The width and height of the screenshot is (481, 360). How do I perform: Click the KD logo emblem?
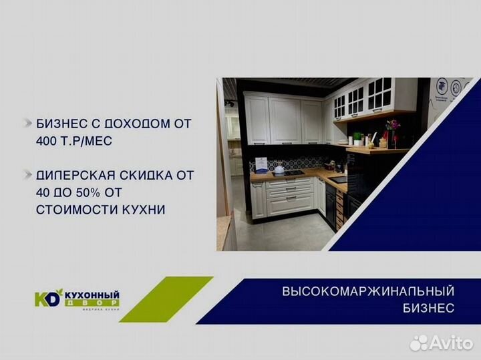(47, 298)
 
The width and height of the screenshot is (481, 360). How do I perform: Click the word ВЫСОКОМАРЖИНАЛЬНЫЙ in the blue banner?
(368, 292)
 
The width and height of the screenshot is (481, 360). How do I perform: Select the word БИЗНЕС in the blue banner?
(428, 308)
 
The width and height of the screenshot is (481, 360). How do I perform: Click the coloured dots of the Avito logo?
(418, 342)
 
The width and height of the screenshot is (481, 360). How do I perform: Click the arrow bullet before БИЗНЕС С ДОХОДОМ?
(27, 124)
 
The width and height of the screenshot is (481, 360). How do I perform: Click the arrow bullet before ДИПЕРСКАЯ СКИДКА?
(27, 175)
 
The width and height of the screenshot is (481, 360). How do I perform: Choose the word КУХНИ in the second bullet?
(142, 210)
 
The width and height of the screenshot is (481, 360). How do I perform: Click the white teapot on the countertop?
(279, 169)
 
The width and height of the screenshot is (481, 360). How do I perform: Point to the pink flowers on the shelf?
(393, 125)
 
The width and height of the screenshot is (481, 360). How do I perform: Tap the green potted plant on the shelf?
(358, 138)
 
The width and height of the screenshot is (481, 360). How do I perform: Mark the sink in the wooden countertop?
(338, 179)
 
